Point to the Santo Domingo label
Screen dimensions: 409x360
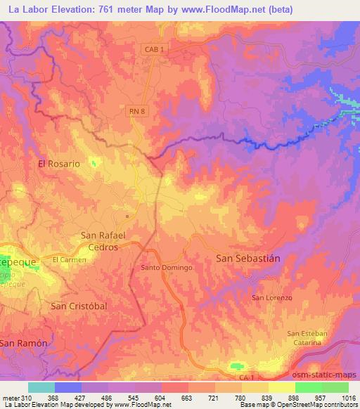tap(162, 268)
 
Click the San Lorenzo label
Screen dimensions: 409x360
tap(271, 298)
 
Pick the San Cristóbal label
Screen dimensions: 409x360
tap(79, 307)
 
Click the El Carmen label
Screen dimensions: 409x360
tap(69, 259)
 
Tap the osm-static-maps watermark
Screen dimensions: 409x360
tap(324, 373)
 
